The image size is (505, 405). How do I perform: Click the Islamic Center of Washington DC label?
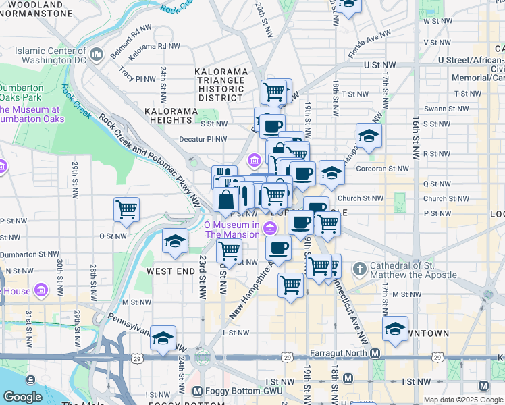click(x=51, y=55)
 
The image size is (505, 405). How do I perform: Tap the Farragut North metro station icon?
click(x=375, y=353)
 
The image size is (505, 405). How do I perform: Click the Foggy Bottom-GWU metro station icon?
click(x=197, y=391)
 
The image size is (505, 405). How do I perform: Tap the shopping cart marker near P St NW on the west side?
click(x=126, y=209)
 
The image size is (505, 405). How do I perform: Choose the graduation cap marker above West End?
click(x=175, y=241)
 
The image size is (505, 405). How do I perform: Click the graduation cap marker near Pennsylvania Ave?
click(x=163, y=338)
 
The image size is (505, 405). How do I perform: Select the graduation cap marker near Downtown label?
click(x=395, y=329)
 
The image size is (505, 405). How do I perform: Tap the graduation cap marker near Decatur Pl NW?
click(x=369, y=136)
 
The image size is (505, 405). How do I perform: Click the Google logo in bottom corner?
click(x=22, y=397)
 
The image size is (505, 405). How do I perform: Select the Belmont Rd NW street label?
click(x=132, y=30)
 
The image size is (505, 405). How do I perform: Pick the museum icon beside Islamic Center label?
click(x=97, y=54)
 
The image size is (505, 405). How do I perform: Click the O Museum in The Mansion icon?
click(x=270, y=227)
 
